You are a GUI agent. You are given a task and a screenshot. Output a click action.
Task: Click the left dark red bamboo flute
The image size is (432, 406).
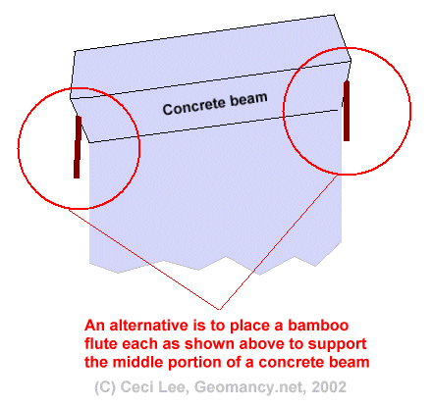pos(78,147)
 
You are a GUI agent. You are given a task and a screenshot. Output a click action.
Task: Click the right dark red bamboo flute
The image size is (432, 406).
pos(347,111)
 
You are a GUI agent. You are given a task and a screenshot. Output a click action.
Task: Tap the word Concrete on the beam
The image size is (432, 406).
pos(194,106)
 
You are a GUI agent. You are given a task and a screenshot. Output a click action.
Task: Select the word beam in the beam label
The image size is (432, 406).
pos(248,99)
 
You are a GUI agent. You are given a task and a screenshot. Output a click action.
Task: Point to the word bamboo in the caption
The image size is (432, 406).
pos(318,326)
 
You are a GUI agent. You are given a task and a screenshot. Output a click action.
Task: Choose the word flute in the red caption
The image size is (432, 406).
pos(99,344)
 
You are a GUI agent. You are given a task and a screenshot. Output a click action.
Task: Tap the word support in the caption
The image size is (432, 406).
pos(338,345)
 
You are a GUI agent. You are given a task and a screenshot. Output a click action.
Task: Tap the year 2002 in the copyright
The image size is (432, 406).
pos(329,387)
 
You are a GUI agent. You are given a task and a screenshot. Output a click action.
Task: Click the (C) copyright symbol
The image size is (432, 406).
pos(105,387)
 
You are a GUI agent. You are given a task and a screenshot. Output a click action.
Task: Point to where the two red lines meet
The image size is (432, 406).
pos(220,309)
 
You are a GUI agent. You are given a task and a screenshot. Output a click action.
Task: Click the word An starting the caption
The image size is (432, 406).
pos(95,326)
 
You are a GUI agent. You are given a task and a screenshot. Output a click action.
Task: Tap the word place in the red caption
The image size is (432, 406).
pos(251,327)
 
